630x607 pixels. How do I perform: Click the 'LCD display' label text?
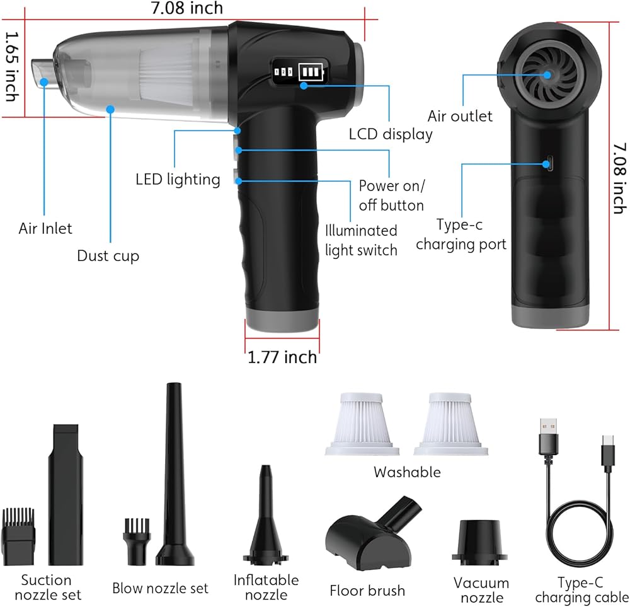391,134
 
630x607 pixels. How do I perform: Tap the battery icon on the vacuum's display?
311,72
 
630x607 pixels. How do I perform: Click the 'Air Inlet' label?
45,228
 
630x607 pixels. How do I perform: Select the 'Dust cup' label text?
108,256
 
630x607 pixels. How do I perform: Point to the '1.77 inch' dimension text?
282,357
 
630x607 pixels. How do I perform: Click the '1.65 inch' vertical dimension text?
12,67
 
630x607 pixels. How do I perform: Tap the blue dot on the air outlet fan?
547,75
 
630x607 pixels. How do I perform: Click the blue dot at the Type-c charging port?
546,164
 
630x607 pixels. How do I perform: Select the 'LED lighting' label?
178,179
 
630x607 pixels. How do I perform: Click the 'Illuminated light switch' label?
361,240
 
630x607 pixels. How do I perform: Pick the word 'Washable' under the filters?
407,472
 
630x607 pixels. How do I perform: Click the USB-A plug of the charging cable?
548,437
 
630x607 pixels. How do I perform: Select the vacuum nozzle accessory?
479,543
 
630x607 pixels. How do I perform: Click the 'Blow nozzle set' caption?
160,588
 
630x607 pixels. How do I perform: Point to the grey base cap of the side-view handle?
549,316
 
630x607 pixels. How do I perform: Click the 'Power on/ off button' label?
392,195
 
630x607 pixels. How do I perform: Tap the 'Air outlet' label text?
460,116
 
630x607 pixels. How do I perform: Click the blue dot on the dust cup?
110,109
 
